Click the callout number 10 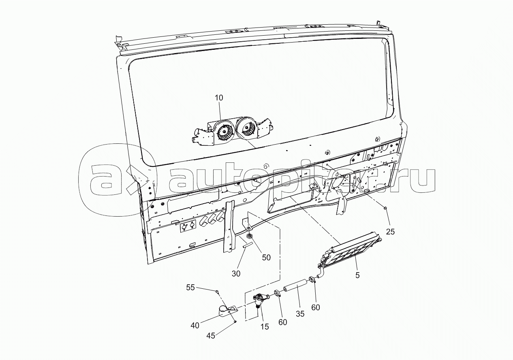(219, 98)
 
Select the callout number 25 (391, 232)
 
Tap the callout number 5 (357, 275)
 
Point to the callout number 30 (236, 273)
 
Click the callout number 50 (266, 258)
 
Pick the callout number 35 (300, 314)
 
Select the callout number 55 (190, 288)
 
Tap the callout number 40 (195, 326)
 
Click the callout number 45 (211, 336)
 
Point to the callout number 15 (265, 326)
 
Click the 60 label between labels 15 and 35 (282, 322)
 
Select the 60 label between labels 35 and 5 (316, 307)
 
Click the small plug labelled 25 (385, 208)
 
